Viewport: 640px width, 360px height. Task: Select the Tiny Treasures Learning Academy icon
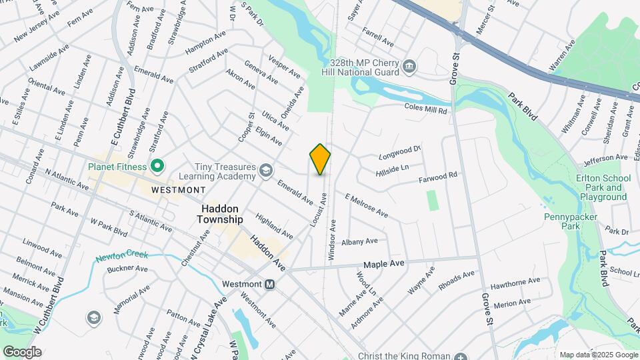pos(265,171)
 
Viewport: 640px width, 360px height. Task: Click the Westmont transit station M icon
pos(270,283)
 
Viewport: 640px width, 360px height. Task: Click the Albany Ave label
pos(359,241)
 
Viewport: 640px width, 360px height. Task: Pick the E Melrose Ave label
pos(366,205)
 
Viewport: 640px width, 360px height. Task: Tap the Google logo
pos(22,351)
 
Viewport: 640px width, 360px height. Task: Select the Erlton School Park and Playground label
pos(603,187)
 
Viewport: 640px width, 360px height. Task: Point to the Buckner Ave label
pos(127,269)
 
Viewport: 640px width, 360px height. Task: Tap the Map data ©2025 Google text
pos(598,354)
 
